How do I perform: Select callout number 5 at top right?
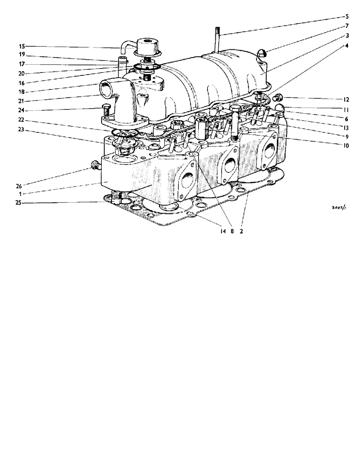347,16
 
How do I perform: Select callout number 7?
347,26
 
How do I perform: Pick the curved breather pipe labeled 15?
125,46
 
